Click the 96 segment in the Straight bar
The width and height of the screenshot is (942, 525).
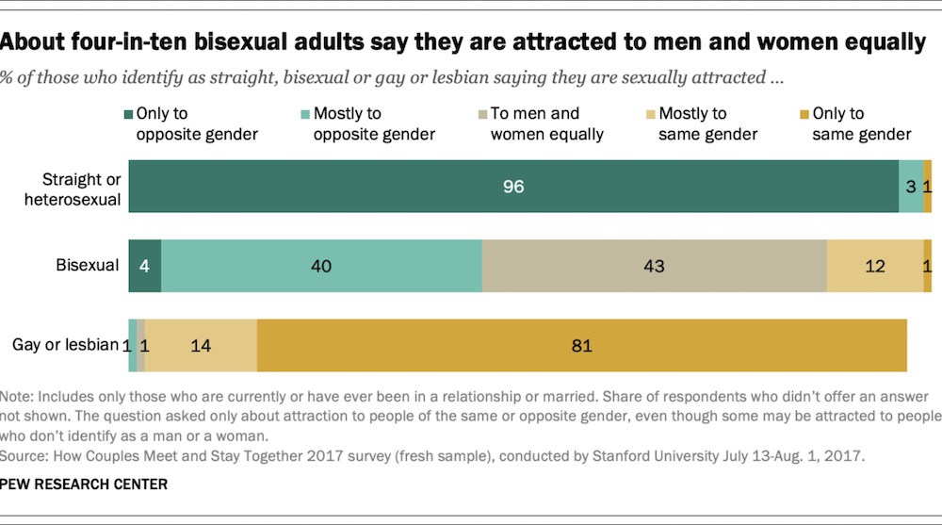(513, 187)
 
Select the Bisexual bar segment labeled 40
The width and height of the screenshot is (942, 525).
(321, 266)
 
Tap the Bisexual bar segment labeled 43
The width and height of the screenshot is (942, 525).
(654, 266)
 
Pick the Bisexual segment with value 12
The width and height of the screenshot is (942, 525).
(874, 266)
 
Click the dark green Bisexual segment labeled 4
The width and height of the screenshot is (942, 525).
(145, 266)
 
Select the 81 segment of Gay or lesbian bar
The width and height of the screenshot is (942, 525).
(581, 346)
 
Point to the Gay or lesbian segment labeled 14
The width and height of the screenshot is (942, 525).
(201, 346)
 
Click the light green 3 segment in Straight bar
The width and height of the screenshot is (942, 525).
(911, 187)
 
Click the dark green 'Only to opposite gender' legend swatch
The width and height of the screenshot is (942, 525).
(128, 114)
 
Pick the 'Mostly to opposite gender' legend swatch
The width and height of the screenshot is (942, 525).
(306, 114)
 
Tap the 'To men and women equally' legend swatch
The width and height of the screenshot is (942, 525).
(482, 114)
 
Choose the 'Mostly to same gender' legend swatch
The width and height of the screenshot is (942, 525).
(650, 114)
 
